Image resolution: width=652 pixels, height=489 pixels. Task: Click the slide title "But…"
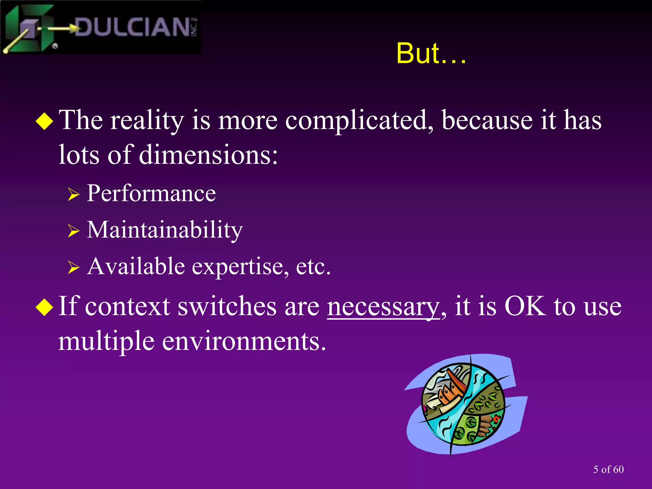point(431,53)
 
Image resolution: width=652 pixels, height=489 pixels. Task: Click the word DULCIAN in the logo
point(132,27)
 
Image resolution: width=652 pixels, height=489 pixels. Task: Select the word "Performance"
point(151,193)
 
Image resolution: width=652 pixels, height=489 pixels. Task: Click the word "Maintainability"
point(165,230)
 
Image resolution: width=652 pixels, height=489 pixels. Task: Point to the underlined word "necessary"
point(383,307)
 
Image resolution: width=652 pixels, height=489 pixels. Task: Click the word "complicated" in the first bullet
point(359,121)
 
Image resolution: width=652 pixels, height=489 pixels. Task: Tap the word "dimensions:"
point(208,155)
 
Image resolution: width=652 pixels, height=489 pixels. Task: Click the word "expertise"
point(241,266)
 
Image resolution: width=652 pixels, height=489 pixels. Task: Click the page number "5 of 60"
point(608,469)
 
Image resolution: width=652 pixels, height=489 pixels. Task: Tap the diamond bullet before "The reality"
point(45,121)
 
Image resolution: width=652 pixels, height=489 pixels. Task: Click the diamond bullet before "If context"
point(45,307)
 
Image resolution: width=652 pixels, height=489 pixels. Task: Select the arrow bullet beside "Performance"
point(73,194)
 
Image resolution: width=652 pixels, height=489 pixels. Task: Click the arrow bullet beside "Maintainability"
point(73,231)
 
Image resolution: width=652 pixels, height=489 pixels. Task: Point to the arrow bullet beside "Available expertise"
point(73,267)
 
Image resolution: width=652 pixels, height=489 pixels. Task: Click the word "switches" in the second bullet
point(227,307)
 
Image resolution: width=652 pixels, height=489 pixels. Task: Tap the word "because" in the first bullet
point(487,121)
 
